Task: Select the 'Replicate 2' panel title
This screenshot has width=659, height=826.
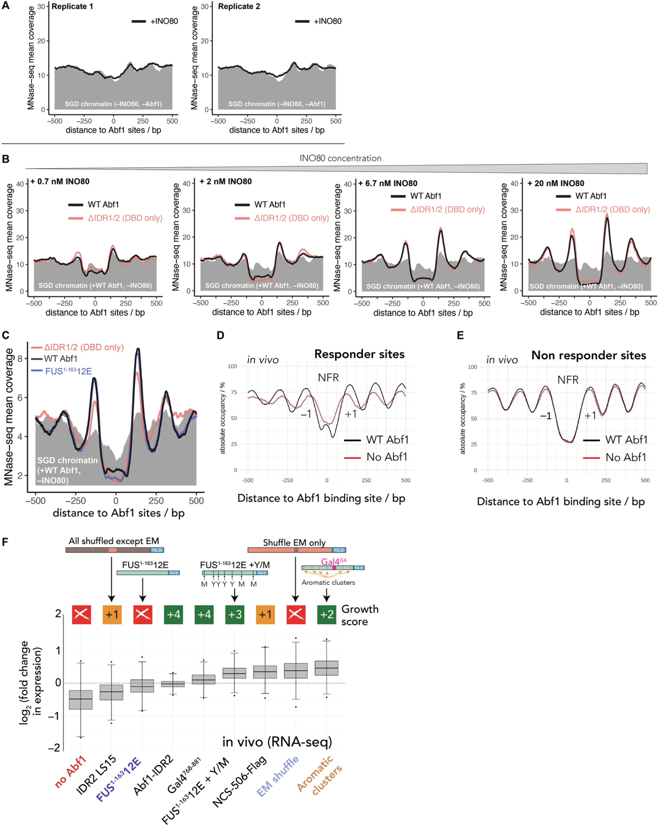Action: click(239, 7)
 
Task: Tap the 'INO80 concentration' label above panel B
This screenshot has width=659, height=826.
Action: click(340, 158)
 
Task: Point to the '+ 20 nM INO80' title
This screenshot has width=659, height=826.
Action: click(555, 183)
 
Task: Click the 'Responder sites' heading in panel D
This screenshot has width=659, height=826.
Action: click(359, 354)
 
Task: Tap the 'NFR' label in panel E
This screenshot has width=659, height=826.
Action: click(568, 380)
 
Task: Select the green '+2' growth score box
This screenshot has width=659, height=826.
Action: click(327, 615)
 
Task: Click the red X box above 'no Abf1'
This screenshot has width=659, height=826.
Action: click(81, 615)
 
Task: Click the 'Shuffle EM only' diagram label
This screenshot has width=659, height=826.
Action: click(294, 543)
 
